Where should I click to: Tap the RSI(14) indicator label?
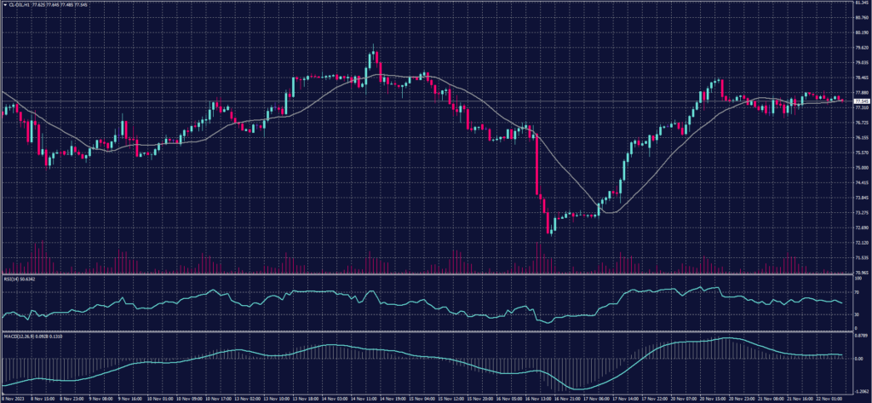(x=10, y=278)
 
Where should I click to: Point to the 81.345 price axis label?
(x=860, y=3)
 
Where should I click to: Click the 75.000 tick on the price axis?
(x=860, y=168)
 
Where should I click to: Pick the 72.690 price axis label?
(x=860, y=227)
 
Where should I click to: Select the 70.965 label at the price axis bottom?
(x=860, y=273)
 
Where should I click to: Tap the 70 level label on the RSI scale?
(x=858, y=292)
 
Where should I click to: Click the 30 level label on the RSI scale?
(x=858, y=314)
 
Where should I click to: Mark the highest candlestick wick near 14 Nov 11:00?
(x=373, y=45)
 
